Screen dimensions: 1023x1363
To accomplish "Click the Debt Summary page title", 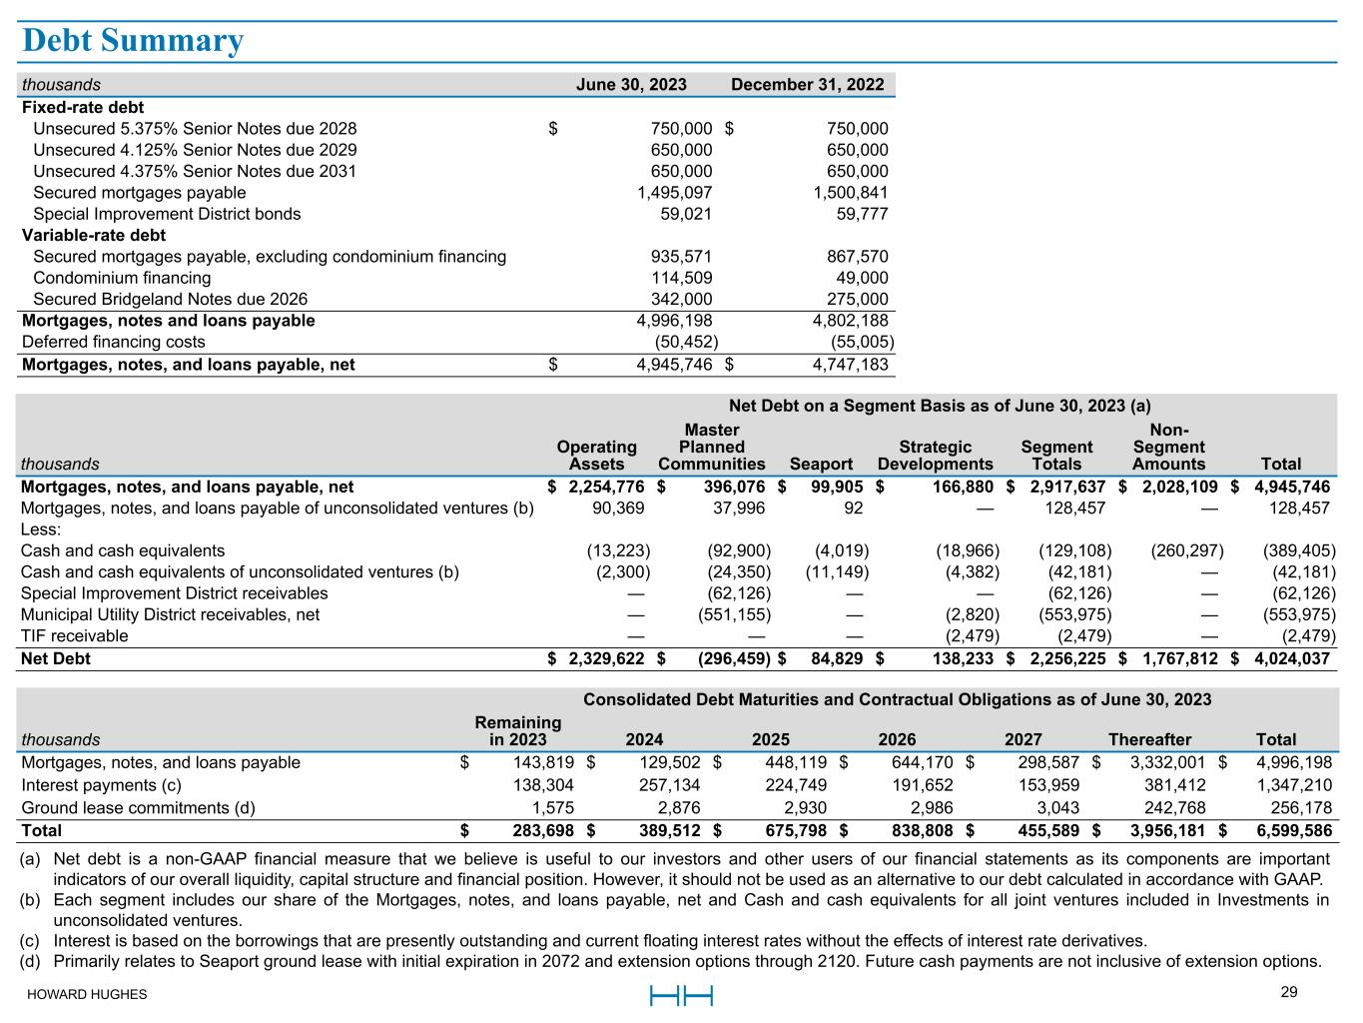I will tap(133, 41).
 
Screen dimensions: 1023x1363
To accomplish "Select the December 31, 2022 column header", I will tap(807, 85).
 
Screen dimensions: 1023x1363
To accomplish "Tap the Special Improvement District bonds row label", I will tap(167, 214).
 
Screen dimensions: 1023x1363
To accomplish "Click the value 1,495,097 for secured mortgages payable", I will tap(675, 193).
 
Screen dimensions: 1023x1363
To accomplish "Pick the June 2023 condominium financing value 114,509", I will tap(681, 278).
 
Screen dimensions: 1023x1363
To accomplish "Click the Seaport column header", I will tap(821, 464).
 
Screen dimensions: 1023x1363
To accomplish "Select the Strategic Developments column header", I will tap(935, 456).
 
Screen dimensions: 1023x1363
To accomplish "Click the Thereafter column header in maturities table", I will tap(1149, 740).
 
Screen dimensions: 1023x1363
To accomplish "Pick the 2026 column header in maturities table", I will tap(897, 740).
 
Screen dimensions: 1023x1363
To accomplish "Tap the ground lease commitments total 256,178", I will tap(1301, 808).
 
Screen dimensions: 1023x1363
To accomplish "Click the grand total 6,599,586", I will tap(1294, 831).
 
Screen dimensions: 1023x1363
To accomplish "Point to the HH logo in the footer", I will tap(681, 995).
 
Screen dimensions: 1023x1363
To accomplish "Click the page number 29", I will tap(1288, 992).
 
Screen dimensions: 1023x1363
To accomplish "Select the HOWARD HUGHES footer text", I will tap(87, 995).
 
